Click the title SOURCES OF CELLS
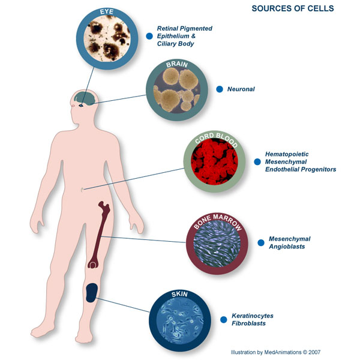click(x=293, y=8)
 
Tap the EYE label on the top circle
click(x=107, y=12)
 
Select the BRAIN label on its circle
click(x=177, y=65)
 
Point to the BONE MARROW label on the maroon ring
click(x=217, y=221)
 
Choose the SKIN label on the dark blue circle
click(x=179, y=294)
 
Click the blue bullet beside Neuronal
click(x=220, y=89)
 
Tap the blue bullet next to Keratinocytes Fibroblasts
click(x=223, y=319)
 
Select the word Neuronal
click(x=241, y=89)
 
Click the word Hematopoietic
click(x=287, y=154)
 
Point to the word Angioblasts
click(x=287, y=247)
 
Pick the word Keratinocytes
click(x=253, y=316)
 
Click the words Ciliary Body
click(x=175, y=44)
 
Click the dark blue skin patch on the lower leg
click(x=92, y=293)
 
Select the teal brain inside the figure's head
click(x=85, y=98)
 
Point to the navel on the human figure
click(x=82, y=190)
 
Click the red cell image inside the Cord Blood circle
click(x=214, y=161)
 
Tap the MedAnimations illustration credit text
click(x=275, y=352)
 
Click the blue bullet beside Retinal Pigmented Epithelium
click(x=149, y=36)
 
